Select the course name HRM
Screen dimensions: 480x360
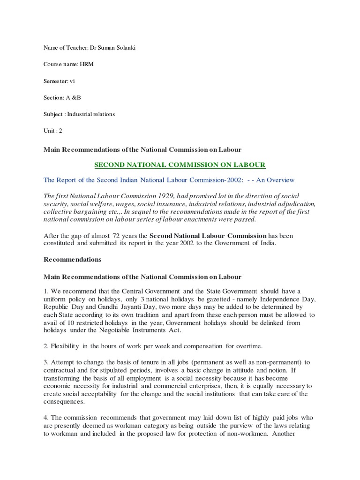click(87, 65)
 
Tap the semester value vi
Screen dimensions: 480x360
click(72, 81)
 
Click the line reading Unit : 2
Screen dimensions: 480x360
click(53, 130)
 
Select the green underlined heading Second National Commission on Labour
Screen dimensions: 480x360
click(180, 165)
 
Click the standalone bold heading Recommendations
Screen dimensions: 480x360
click(72, 259)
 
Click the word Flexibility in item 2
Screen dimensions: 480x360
click(67, 346)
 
